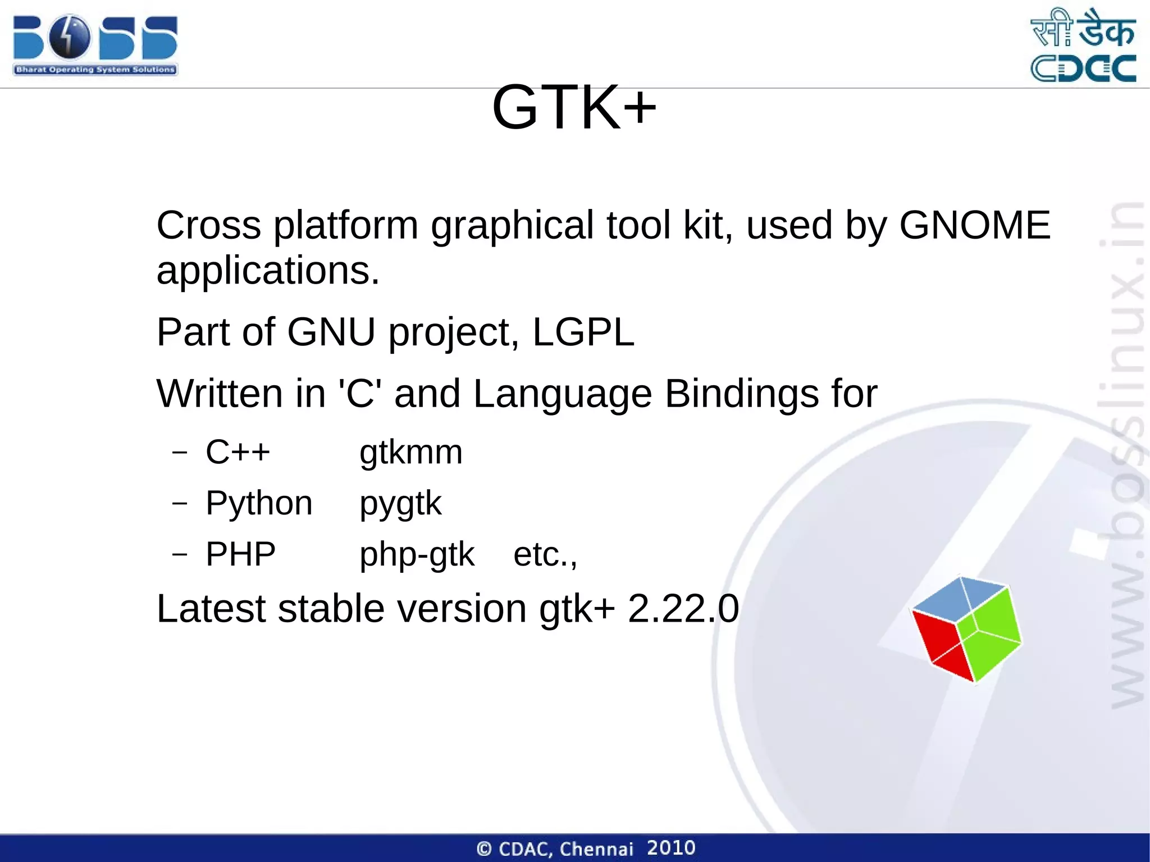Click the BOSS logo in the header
[x=95, y=45]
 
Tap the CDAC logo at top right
[x=1083, y=45]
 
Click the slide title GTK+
[x=574, y=107]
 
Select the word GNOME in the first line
[x=974, y=225]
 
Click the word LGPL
[x=583, y=332]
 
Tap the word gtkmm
[x=411, y=452]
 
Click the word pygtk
[x=400, y=503]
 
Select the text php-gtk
[x=417, y=554]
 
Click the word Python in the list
[x=259, y=503]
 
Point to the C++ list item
[x=238, y=452]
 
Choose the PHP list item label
[x=240, y=554]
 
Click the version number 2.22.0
[x=683, y=609]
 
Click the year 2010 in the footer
[x=671, y=847]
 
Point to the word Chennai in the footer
[x=596, y=849]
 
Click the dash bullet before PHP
[x=180, y=555]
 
